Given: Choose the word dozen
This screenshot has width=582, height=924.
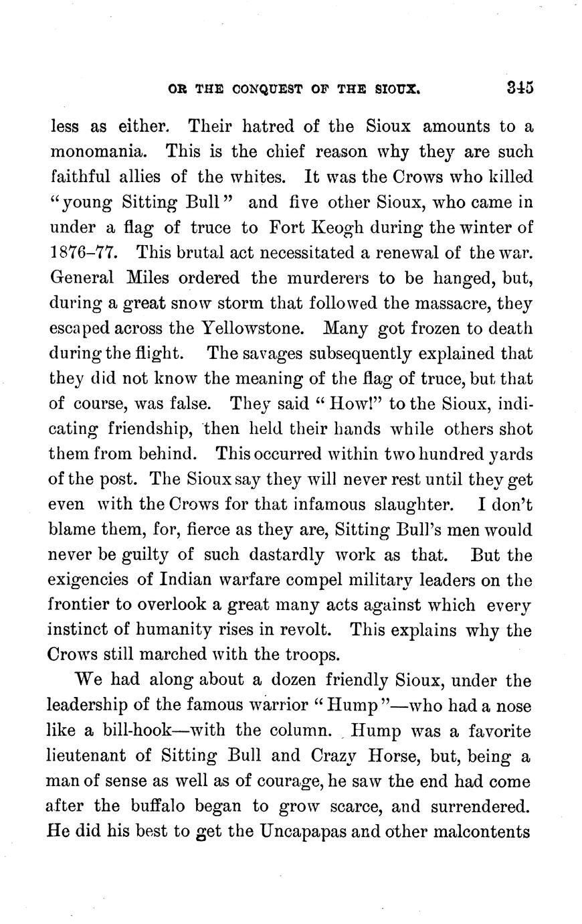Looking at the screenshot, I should (x=290, y=681).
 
